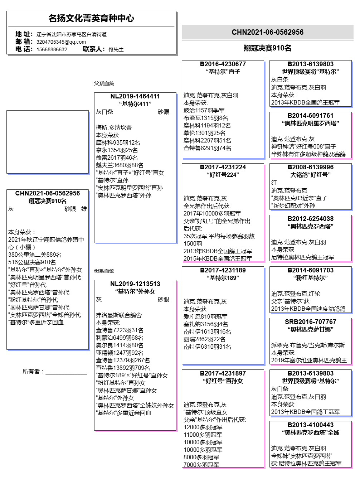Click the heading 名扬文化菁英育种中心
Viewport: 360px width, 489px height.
point(91,18)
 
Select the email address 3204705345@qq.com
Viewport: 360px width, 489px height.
point(61,42)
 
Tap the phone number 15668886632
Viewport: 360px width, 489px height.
point(52,49)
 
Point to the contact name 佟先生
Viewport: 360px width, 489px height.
point(116,49)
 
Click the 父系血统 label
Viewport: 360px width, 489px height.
point(104,83)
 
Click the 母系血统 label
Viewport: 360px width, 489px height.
point(104,271)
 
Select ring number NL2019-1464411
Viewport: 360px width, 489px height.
point(135,96)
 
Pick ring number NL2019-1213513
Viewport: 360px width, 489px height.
point(135,284)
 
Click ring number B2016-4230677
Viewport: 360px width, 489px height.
point(223,64)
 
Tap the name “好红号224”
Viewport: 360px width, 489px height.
point(223,175)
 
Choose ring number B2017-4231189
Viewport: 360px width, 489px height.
point(223,270)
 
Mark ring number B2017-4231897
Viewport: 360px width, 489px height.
point(223,373)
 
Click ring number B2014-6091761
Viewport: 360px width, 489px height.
point(311,116)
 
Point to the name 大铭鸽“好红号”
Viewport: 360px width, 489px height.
point(311,175)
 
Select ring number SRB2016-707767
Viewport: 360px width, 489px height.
point(311,322)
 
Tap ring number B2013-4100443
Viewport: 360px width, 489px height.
point(311,425)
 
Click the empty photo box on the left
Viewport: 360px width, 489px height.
point(48,142)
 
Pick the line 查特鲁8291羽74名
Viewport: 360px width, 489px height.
point(208,148)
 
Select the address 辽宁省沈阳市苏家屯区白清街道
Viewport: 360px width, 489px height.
point(72,34)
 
